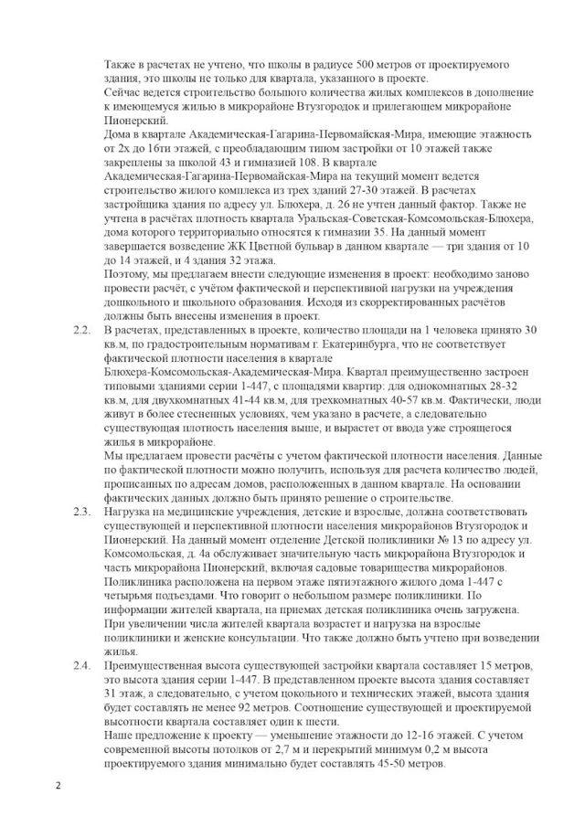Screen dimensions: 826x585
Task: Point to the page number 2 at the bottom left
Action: pyautogui.click(x=57, y=785)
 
